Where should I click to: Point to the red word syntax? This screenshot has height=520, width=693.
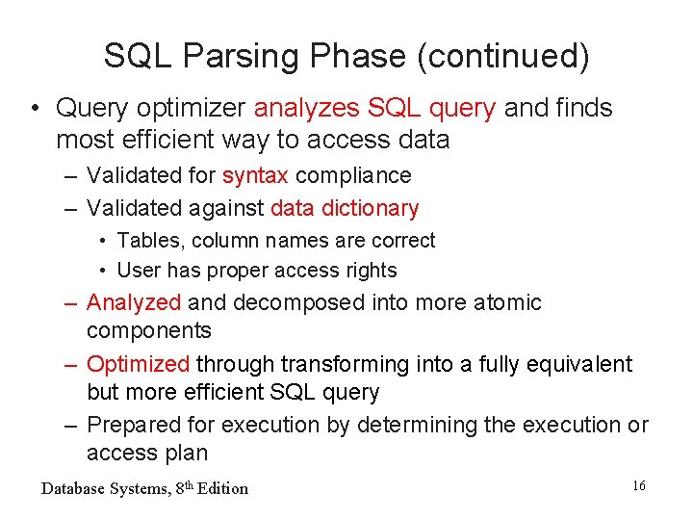click(255, 175)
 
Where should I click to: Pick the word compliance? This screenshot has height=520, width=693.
click(353, 175)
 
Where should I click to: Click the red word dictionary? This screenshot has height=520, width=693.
click(372, 208)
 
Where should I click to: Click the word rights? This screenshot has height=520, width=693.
click(370, 271)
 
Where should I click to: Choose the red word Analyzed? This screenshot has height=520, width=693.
click(134, 302)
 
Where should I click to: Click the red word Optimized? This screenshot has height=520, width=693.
click(139, 364)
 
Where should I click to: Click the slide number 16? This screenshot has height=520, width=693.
click(639, 486)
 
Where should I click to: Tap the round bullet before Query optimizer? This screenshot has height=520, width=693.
click(35, 108)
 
